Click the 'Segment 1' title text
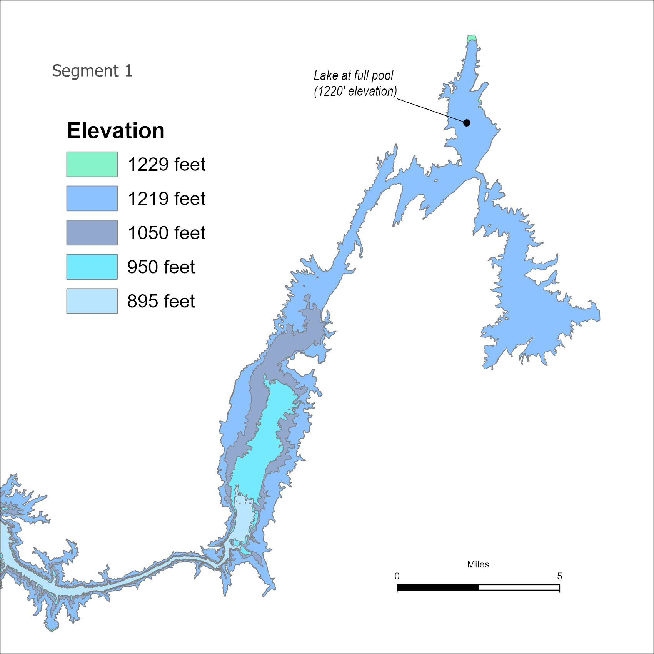[92, 71]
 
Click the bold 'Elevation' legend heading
[115, 130]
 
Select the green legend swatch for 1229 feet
[92, 164]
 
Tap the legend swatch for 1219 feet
[92, 199]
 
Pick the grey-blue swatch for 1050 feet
[92, 233]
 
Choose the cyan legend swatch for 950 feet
[92, 267]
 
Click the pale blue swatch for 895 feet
[92, 301]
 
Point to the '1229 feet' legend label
[166, 164]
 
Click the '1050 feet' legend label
[166, 233]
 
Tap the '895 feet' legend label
[161, 301]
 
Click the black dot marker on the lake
[467, 123]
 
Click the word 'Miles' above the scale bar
[478, 564]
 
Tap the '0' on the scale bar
[397, 576]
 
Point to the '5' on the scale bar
[559, 576]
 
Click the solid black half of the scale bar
[438, 587]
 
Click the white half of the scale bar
[519, 587]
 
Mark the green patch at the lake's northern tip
[472, 38]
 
